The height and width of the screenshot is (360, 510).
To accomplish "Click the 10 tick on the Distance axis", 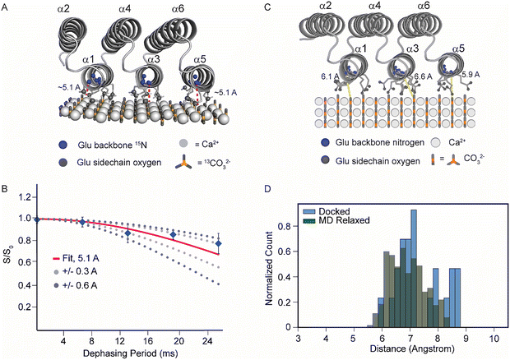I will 494,338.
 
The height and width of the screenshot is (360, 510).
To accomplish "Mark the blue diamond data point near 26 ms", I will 218,244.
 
